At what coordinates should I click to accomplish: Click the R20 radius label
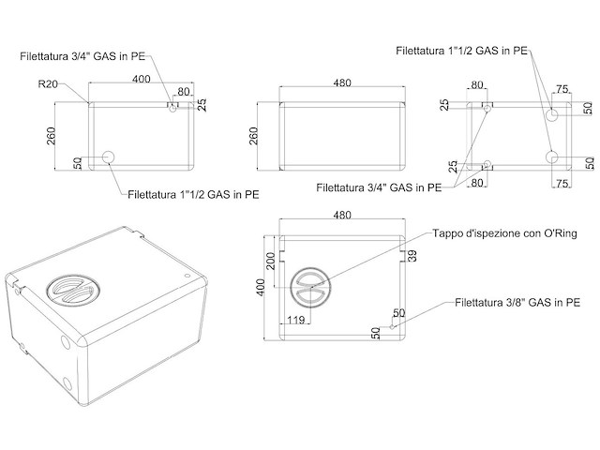[49, 84]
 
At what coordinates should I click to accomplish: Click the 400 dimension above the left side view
[142, 79]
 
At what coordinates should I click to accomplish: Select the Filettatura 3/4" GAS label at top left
[82, 56]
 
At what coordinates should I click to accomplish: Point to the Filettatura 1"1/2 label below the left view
[193, 195]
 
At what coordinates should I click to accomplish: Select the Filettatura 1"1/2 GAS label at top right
[461, 51]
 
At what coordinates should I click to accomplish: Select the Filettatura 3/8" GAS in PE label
[517, 303]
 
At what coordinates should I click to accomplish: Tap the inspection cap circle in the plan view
[310, 287]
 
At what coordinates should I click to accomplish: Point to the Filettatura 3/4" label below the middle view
[379, 187]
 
